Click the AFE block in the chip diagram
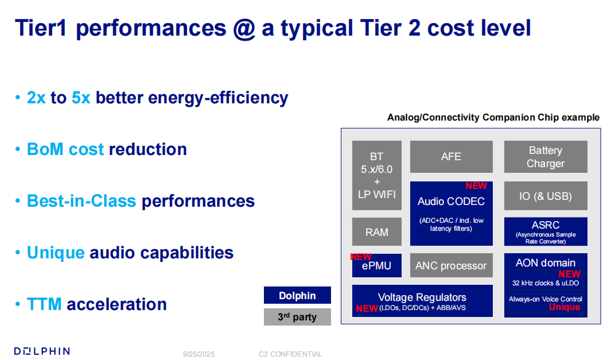pos(452,157)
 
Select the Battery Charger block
pos(546,157)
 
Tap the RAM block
pos(377,232)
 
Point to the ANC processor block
pos(452,266)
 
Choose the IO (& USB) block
pos(546,196)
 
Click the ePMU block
pos(377,266)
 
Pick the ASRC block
pos(546,232)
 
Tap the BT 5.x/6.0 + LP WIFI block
pos(377,176)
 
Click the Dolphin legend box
pos(297,295)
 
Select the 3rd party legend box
pos(297,317)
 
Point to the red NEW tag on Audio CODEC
pos(476,186)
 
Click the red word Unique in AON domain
pos(564,307)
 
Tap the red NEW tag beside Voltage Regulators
pos(367,308)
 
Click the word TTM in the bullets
pos(44,304)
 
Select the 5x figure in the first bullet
pos(81,98)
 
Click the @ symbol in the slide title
pos(244,29)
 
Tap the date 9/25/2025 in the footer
pos(199,354)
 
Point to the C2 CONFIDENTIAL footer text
pos(290,354)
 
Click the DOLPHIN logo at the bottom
pos(42,352)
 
